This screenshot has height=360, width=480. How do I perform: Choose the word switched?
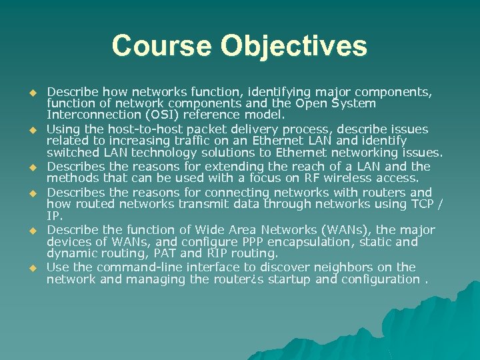(x=71, y=154)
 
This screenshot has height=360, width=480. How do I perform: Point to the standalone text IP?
(x=54, y=217)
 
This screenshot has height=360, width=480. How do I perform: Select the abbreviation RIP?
(x=234, y=254)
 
